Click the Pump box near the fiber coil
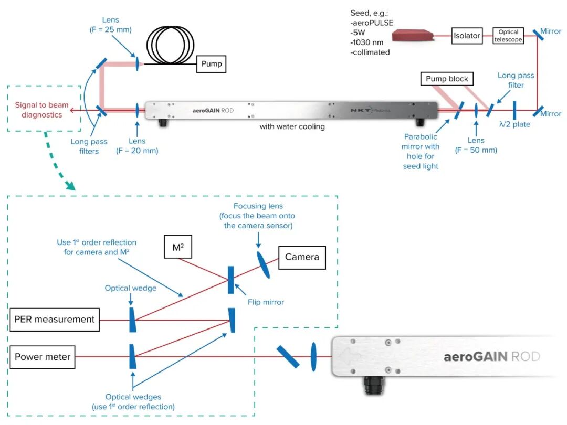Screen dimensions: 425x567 pyautogui.click(x=212, y=65)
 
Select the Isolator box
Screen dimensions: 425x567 pyautogui.click(x=467, y=36)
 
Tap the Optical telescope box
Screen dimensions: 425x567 pyautogui.click(x=509, y=36)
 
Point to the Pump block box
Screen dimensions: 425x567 pyautogui.click(x=447, y=79)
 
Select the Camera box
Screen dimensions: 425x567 pyautogui.click(x=302, y=257)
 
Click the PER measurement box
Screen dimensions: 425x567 pyautogui.click(x=55, y=319)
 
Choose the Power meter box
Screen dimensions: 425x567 pyautogui.click(x=43, y=357)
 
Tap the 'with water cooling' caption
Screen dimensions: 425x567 pyautogui.click(x=292, y=127)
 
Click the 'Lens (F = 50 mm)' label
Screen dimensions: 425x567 pyautogui.click(x=476, y=145)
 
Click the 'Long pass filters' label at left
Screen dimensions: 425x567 pyautogui.click(x=89, y=146)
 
